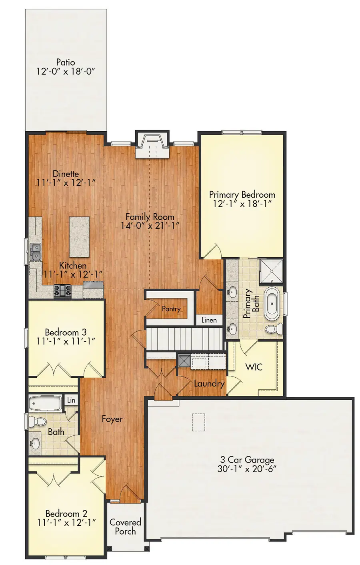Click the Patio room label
click(x=66, y=62)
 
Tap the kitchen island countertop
click(x=80, y=236)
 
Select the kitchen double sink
click(x=36, y=252)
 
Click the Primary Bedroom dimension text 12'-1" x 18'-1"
click(x=242, y=204)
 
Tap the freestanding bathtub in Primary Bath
click(x=272, y=305)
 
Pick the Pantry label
click(x=171, y=309)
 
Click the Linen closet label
click(x=209, y=320)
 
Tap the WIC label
click(x=254, y=367)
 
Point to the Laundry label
click(x=209, y=384)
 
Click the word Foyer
click(x=112, y=419)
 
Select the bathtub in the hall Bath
click(x=45, y=403)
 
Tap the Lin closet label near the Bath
click(x=71, y=400)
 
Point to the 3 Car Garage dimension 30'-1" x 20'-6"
click(x=247, y=469)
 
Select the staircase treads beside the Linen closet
click(x=184, y=339)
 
